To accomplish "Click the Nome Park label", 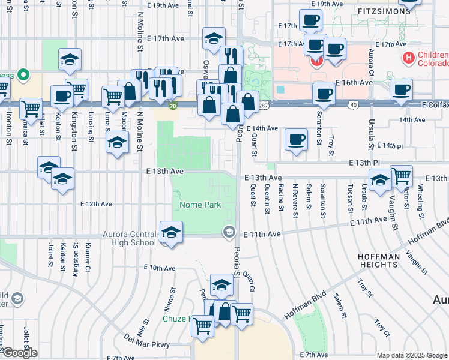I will tap(200, 205).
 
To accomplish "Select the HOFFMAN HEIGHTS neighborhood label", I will tap(387, 262).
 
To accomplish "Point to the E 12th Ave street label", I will tap(98, 204).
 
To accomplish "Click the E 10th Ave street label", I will tap(159, 268).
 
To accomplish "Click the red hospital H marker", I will tap(409, 58).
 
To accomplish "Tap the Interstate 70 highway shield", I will tap(173, 106).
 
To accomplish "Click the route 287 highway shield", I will tap(264, 105).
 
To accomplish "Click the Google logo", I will tap(19, 353).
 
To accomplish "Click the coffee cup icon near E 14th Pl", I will tap(295, 140).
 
